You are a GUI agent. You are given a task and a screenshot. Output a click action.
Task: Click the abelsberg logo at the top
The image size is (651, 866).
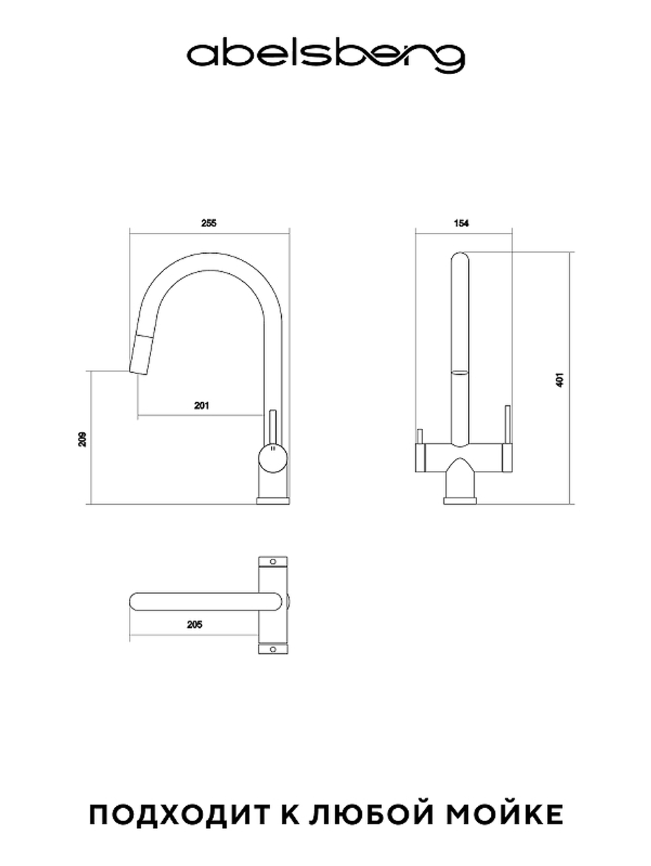click(325, 58)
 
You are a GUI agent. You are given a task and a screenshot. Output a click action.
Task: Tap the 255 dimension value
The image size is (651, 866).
click(209, 223)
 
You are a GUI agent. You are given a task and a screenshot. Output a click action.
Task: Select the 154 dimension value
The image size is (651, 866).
click(461, 223)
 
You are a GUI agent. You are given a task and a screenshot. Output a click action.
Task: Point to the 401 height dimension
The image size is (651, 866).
click(560, 379)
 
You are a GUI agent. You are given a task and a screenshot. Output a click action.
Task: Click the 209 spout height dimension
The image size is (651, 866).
click(82, 439)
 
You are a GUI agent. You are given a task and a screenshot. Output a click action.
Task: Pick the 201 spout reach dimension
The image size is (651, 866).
click(201, 405)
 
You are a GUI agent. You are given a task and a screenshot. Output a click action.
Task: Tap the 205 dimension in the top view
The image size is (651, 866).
click(194, 624)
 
